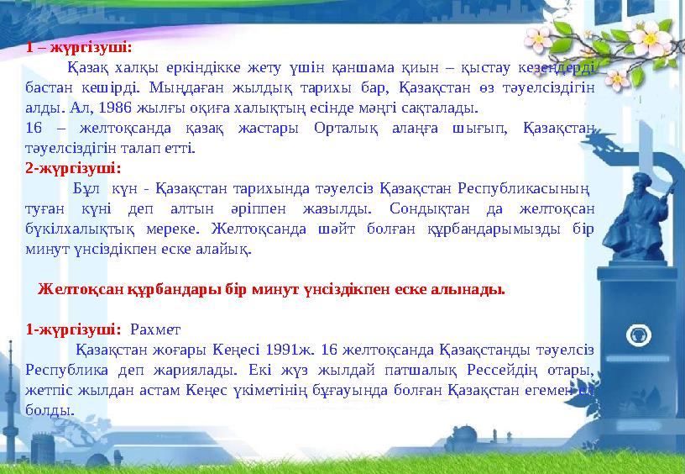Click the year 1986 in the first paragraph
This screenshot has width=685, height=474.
[116, 108]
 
